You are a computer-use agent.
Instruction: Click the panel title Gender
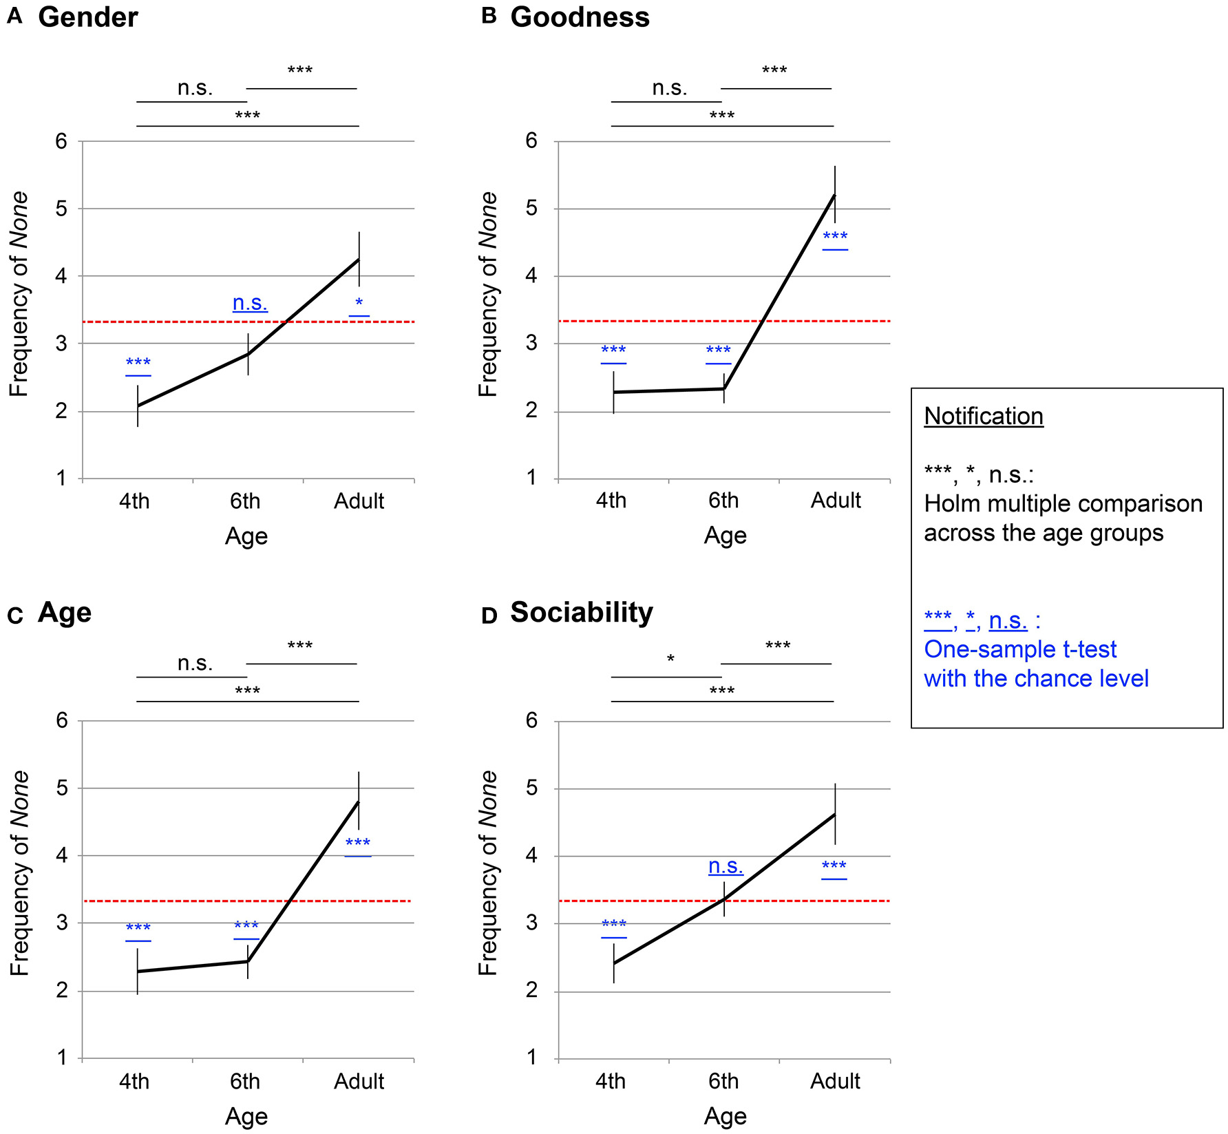pyautogui.click(x=88, y=17)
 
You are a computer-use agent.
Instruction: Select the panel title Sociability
pyautogui.click(x=581, y=612)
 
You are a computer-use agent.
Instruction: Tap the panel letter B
pyautogui.click(x=489, y=17)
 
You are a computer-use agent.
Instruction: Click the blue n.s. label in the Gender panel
pyautogui.click(x=250, y=303)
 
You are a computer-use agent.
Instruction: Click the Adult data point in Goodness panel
pyautogui.click(x=835, y=196)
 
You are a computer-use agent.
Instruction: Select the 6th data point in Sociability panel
pyautogui.click(x=724, y=899)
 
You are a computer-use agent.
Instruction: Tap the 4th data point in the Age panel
pyautogui.click(x=138, y=972)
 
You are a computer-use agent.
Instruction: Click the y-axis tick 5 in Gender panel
pyautogui.click(x=62, y=209)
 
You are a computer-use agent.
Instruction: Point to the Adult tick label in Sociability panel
pyautogui.click(x=835, y=1081)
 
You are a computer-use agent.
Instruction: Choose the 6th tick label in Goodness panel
pyautogui.click(x=723, y=501)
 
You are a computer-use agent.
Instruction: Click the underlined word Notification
pyautogui.click(x=983, y=416)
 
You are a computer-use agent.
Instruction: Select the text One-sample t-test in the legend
pyautogui.click(x=1019, y=649)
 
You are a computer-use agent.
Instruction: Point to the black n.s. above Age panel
pyautogui.click(x=195, y=663)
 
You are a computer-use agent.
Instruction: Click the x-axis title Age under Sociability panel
pyautogui.click(x=725, y=1116)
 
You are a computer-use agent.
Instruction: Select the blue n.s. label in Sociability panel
pyautogui.click(x=726, y=866)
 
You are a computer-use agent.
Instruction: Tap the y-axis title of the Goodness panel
pyautogui.click(x=487, y=294)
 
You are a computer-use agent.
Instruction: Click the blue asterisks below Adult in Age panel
pyautogui.click(x=358, y=844)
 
